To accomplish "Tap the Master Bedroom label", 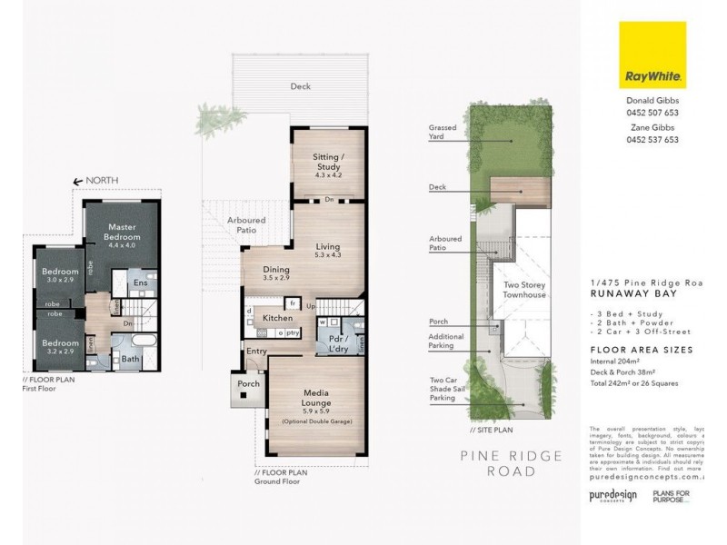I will (122, 232).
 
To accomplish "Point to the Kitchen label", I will (277, 318).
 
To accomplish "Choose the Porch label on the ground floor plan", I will (248, 384).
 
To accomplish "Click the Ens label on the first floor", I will (140, 283).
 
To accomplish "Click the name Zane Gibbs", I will (652, 128).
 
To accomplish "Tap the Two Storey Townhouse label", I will (524, 290).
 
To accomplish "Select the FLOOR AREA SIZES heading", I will (641, 349).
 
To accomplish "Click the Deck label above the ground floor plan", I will (300, 86).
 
